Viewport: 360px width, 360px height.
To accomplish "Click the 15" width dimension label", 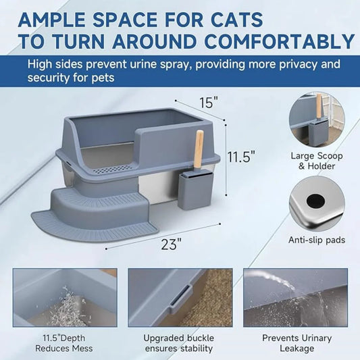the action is pos(209,103).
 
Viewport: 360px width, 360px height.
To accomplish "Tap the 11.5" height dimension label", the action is pos(241,157).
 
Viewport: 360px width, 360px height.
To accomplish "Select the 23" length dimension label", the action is pos(172,244).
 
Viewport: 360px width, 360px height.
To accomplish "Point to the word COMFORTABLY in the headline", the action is pos(280,41).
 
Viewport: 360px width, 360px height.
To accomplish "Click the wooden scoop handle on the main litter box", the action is pos(199,149).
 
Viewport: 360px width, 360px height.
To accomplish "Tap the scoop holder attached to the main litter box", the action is pos(196,190).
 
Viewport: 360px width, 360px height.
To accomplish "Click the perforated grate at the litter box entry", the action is pos(113,170).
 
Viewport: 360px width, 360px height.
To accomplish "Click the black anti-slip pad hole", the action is pos(315,201).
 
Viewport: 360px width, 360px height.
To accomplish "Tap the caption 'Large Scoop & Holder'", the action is pos(317,161).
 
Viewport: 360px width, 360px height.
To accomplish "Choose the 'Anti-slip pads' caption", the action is pos(317,240).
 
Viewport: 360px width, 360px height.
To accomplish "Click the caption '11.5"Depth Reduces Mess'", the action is pos(64,343).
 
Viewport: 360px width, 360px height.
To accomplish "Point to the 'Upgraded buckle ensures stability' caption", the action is pos(178,343).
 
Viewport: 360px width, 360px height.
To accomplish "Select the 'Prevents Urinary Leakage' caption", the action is pos(297,343).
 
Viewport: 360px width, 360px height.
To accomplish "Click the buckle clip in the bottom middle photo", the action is pos(181,298).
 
